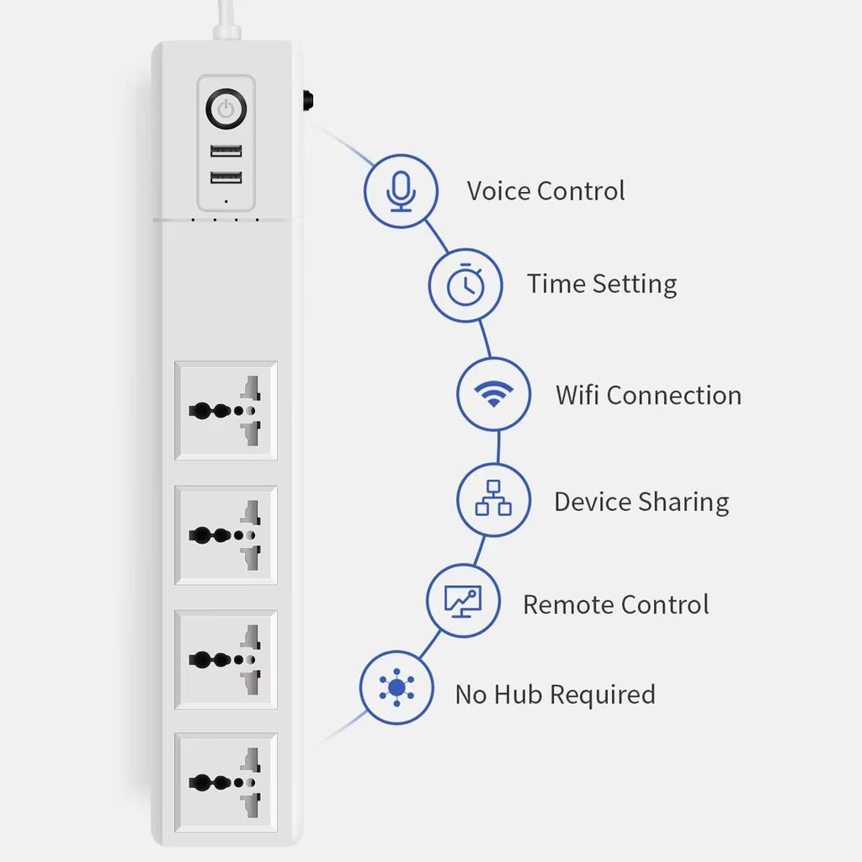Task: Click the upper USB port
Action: (226, 151)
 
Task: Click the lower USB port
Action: (226, 177)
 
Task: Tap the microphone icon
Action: (401, 191)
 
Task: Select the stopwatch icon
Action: (466, 285)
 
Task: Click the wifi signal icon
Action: (493, 393)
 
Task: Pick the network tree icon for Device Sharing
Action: (493, 498)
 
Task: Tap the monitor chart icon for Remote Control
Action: (463, 601)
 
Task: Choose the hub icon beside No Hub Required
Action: (396, 687)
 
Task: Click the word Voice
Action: (498, 191)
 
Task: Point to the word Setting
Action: (635, 285)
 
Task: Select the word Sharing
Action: (684, 503)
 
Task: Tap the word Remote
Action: (568, 604)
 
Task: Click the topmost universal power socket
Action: (226, 411)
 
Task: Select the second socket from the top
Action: (226, 535)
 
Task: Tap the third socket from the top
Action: (226, 659)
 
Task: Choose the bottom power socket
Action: (226, 782)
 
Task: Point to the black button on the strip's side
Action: (308, 99)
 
